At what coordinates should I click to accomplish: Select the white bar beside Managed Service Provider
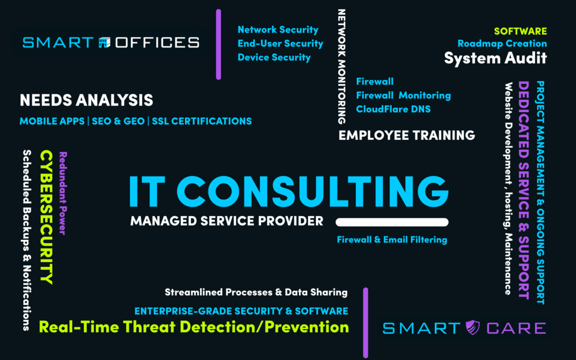[x=393, y=222]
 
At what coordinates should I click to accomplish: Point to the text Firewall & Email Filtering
[x=392, y=240]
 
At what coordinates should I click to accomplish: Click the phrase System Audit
[x=495, y=58]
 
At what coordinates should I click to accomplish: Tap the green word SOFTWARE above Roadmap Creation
[x=520, y=31]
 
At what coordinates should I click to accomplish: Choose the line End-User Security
[x=281, y=44]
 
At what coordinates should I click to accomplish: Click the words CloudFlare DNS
[x=393, y=109]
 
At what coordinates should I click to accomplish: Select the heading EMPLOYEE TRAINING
[x=407, y=135]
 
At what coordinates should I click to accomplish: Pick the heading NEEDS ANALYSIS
[x=86, y=100]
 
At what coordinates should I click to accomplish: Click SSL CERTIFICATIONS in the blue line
[x=202, y=122]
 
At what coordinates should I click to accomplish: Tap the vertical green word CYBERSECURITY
[x=47, y=217]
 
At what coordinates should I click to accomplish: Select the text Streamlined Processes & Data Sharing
[x=256, y=292]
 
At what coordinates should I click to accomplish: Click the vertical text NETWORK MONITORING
[x=342, y=66]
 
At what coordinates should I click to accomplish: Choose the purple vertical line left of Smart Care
[x=366, y=322]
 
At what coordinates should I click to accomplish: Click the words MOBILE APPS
[x=52, y=122]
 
